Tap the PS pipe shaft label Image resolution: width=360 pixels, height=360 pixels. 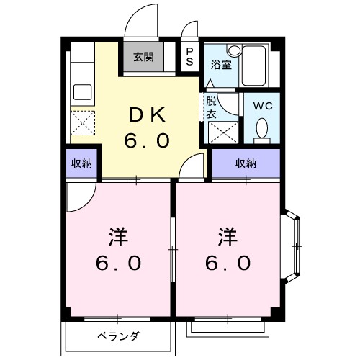coord(189,56)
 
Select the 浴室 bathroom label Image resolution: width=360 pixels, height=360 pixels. coord(220,64)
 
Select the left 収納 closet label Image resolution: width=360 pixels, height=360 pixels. coord(81,163)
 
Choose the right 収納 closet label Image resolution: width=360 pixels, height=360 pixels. coord(246,163)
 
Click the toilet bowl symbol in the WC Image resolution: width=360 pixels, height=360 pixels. coord(262,129)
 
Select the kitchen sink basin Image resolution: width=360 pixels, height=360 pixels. coord(81,93)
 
